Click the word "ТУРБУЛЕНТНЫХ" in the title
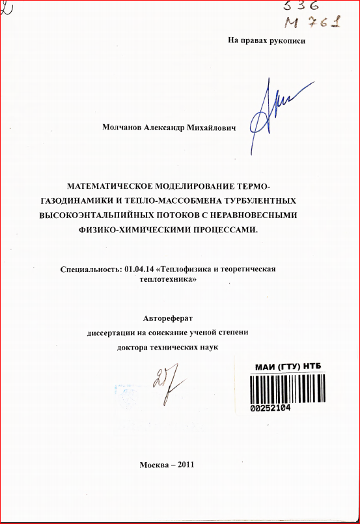(262, 199)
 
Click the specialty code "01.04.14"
(141, 269)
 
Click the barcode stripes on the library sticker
(287, 387)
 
